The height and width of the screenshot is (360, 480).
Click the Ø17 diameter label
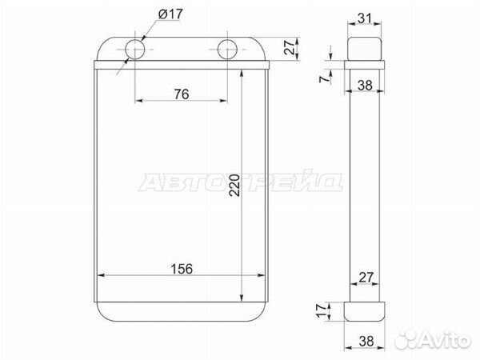coord(170,14)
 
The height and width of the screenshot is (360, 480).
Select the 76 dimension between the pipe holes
coord(182,94)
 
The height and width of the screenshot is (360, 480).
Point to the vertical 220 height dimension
coord(234,186)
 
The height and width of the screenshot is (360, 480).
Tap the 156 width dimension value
coord(182,269)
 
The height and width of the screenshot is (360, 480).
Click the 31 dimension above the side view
coord(364,18)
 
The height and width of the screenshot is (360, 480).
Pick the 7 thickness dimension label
coord(325,79)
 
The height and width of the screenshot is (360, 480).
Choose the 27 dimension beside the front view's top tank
coord(290,47)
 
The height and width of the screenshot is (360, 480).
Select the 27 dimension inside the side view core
coord(366,278)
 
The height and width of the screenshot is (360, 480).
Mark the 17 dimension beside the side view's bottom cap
coord(322,311)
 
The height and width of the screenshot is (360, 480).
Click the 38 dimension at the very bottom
coord(366,341)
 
